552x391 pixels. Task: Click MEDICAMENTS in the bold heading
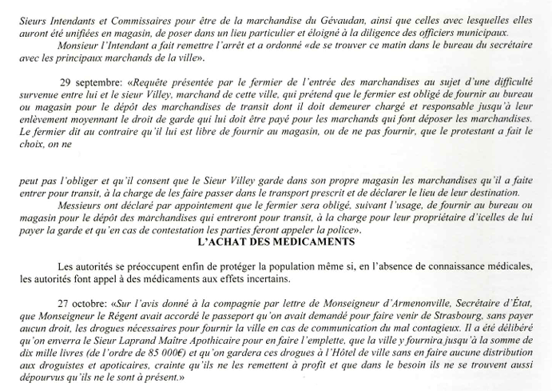tap(321, 240)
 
